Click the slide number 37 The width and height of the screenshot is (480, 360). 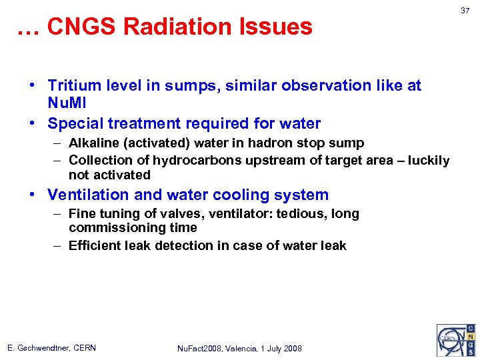pos(465,11)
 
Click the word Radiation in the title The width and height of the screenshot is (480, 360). pos(175,27)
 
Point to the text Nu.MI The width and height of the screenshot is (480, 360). pos(67,103)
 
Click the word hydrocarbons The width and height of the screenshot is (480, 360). pos(193,161)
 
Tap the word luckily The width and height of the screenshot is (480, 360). pos(426,161)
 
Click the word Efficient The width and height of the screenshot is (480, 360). pos(95,245)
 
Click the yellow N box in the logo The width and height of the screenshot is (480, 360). pos(471,338)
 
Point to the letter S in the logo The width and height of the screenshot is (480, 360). pos(471,350)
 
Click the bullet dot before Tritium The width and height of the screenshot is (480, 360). pos(32,87)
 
